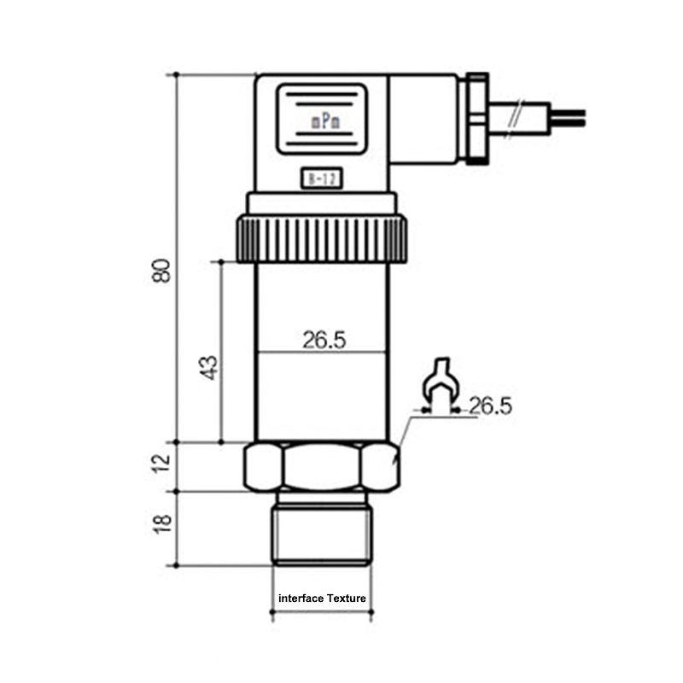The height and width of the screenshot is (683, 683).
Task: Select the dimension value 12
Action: (162, 465)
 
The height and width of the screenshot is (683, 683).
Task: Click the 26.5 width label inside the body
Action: (324, 340)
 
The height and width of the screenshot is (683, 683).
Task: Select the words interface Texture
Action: (323, 598)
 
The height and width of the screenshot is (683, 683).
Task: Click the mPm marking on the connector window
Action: (325, 122)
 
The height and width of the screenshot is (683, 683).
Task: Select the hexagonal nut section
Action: (322, 466)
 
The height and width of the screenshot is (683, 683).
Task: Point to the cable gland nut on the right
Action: (475, 119)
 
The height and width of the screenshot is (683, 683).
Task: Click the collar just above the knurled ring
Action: (322, 203)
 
